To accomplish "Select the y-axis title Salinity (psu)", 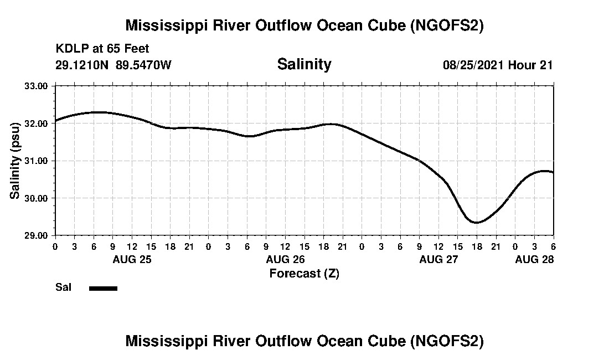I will (x=16, y=161).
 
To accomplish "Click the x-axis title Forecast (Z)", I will (x=304, y=273).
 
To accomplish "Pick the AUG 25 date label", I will (x=132, y=259).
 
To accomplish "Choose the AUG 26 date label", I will (x=285, y=259).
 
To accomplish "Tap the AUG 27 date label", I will (x=438, y=259).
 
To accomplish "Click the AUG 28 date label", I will (x=534, y=259).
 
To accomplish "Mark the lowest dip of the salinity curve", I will (x=476, y=223).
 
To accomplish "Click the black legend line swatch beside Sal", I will (x=103, y=288).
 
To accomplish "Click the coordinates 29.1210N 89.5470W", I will (x=113, y=65).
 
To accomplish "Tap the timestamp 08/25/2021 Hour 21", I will (x=498, y=65).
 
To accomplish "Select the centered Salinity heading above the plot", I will (x=304, y=64).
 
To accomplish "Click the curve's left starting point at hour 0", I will (x=55, y=120).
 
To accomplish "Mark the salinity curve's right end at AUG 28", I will (x=553, y=172).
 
